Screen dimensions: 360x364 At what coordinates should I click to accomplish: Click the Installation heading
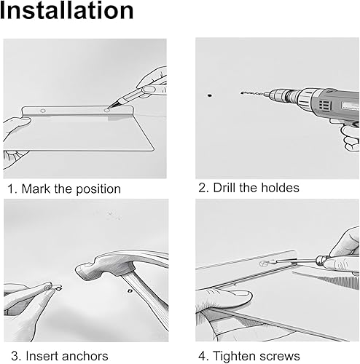coord(66,10)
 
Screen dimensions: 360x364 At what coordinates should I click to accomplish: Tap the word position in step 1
coord(98,189)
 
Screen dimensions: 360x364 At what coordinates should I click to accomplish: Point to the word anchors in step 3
coord(85,356)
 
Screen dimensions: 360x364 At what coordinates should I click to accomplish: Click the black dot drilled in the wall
coord(210,95)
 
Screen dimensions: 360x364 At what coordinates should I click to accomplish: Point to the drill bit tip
coord(241,92)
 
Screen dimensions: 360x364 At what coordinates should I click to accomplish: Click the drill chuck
coord(279,95)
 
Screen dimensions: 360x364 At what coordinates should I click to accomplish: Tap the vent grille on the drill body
coord(325,105)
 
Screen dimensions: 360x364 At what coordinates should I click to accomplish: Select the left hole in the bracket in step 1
coord(43,111)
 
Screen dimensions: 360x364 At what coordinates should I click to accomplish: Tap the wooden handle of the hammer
coord(146,301)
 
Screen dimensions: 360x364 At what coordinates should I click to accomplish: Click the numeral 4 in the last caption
coord(202,356)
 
